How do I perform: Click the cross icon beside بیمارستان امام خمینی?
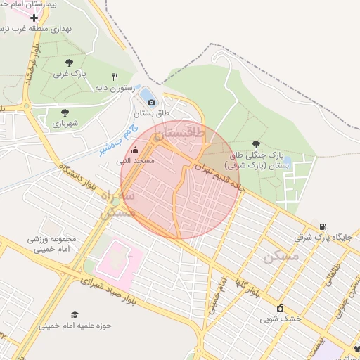(x=34, y=17)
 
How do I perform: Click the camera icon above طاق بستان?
(x=151, y=102)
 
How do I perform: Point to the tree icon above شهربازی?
(x=65, y=112)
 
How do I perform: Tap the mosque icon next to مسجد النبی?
(x=135, y=150)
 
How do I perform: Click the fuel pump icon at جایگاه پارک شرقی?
(x=322, y=226)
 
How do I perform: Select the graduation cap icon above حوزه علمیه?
(x=75, y=314)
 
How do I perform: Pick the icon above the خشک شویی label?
(x=281, y=307)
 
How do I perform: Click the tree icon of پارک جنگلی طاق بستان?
(x=255, y=143)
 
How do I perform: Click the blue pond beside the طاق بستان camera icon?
(x=147, y=94)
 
